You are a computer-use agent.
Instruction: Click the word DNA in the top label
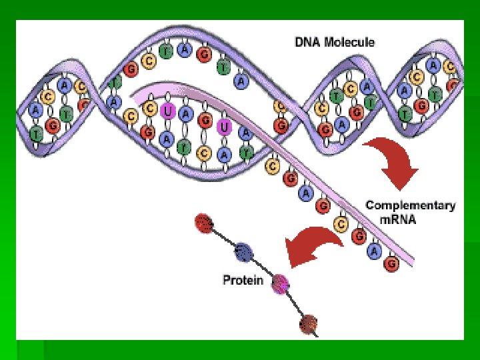310,43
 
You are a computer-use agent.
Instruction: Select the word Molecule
351,43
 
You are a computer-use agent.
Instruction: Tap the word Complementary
410,205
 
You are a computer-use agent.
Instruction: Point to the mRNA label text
397,219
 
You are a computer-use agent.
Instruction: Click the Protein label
243,281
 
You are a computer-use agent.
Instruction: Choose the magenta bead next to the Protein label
281,283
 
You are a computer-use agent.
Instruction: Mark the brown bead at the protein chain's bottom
308,324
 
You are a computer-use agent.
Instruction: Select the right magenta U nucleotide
225,125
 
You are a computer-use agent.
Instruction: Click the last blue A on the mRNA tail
374,251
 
